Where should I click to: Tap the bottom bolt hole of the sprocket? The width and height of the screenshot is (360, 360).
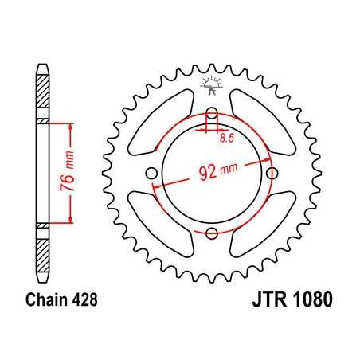[212, 233]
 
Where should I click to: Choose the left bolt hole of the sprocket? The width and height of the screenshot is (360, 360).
[152, 174]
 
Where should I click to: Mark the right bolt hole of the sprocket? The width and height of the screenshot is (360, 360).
[272, 174]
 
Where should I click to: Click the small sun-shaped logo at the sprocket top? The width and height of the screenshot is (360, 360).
[212, 83]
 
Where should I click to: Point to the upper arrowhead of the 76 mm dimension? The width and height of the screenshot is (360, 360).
[72, 127]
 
